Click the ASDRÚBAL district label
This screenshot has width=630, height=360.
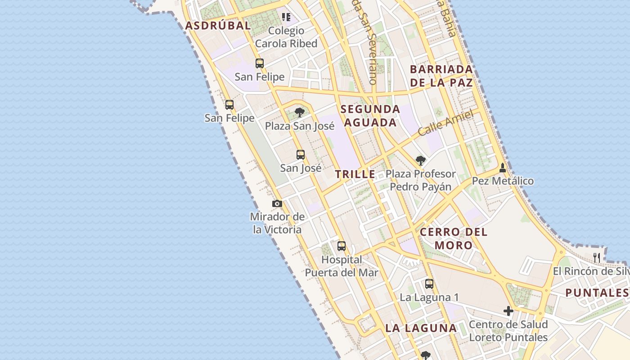(218, 26)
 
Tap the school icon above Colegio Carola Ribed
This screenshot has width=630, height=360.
(286, 17)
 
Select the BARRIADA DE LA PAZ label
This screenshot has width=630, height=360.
(441, 76)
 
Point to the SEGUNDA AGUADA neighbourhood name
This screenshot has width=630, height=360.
(370, 116)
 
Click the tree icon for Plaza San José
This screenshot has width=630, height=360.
(300, 112)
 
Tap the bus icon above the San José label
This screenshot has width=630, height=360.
(301, 155)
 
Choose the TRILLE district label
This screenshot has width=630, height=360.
(355, 174)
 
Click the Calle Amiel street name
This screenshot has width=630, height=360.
(445, 123)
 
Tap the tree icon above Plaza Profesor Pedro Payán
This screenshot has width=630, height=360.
(420, 160)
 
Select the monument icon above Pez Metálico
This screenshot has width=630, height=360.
(503, 168)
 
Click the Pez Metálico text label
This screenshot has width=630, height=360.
(503, 181)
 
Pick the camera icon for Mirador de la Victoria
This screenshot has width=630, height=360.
(277, 203)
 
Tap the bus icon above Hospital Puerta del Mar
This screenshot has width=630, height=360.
(342, 246)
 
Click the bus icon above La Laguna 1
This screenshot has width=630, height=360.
(429, 284)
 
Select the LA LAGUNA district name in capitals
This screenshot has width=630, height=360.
(421, 328)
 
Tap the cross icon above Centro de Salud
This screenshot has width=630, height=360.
(508, 311)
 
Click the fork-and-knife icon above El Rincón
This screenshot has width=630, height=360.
(597, 258)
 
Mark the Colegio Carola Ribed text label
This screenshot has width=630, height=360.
(286, 37)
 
